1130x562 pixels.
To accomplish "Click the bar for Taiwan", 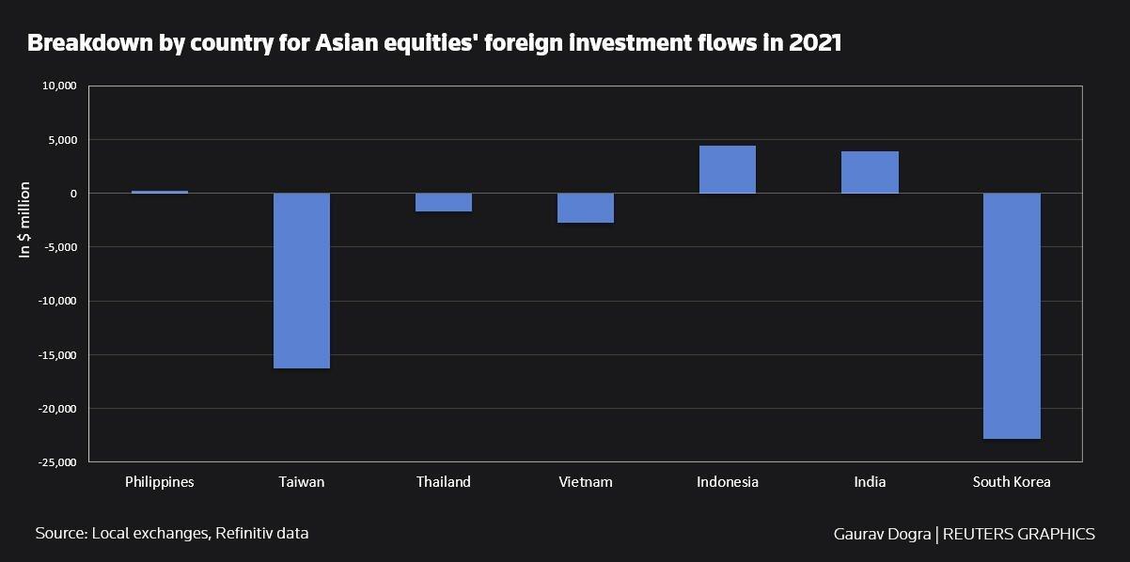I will tap(302, 280).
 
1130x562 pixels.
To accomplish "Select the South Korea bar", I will tap(1012, 316).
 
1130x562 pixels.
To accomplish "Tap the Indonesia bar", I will tap(728, 169).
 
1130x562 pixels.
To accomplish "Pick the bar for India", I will tap(870, 172).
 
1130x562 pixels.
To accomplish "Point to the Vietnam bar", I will tap(586, 208).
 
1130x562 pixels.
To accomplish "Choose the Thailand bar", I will tap(444, 202).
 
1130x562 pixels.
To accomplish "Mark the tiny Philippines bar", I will tap(160, 192).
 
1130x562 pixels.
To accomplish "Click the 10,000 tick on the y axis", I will tap(59, 86).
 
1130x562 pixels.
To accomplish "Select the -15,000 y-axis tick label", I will tap(56, 355).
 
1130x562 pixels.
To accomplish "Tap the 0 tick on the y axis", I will tap(72, 194).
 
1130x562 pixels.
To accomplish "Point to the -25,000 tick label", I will tap(56, 462).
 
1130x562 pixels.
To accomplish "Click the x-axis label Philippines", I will tap(160, 482).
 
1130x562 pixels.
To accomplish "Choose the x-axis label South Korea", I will tap(1012, 482).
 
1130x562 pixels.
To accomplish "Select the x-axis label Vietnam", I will tap(586, 482).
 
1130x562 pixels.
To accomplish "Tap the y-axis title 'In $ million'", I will tap(25, 220).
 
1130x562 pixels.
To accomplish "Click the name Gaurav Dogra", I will tap(882, 534).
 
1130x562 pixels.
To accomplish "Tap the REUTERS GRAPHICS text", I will tap(1018, 534).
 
